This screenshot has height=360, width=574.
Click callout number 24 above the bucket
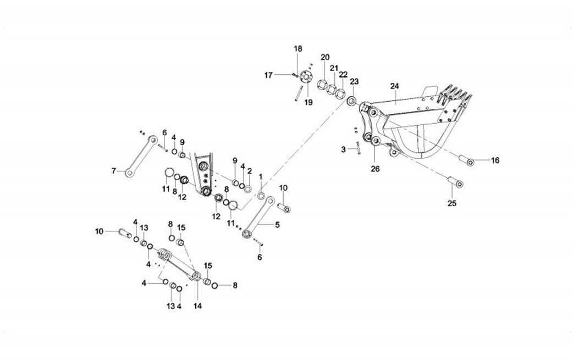click(394, 86)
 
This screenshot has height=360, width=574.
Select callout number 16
click(495, 160)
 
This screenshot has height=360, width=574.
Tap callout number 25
click(451, 204)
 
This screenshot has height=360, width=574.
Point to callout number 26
click(375, 169)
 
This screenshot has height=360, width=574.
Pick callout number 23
click(354, 81)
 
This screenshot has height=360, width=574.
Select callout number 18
click(297, 49)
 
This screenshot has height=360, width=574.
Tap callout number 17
click(268, 75)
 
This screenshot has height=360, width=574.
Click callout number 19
click(308, 102)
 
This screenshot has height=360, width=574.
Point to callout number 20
click(325, 57)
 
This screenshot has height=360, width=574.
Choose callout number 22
click(343, 74)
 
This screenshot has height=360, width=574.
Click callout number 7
click(114, 171)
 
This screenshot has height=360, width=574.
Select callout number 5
click(277, 224)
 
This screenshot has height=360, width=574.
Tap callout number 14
click(197, 306)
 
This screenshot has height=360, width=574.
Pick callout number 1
click(261, 176)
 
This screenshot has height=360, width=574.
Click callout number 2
click(249, 171)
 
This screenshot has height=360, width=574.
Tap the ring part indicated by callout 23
click(351, 102)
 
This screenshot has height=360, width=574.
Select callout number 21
click(334, 68)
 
